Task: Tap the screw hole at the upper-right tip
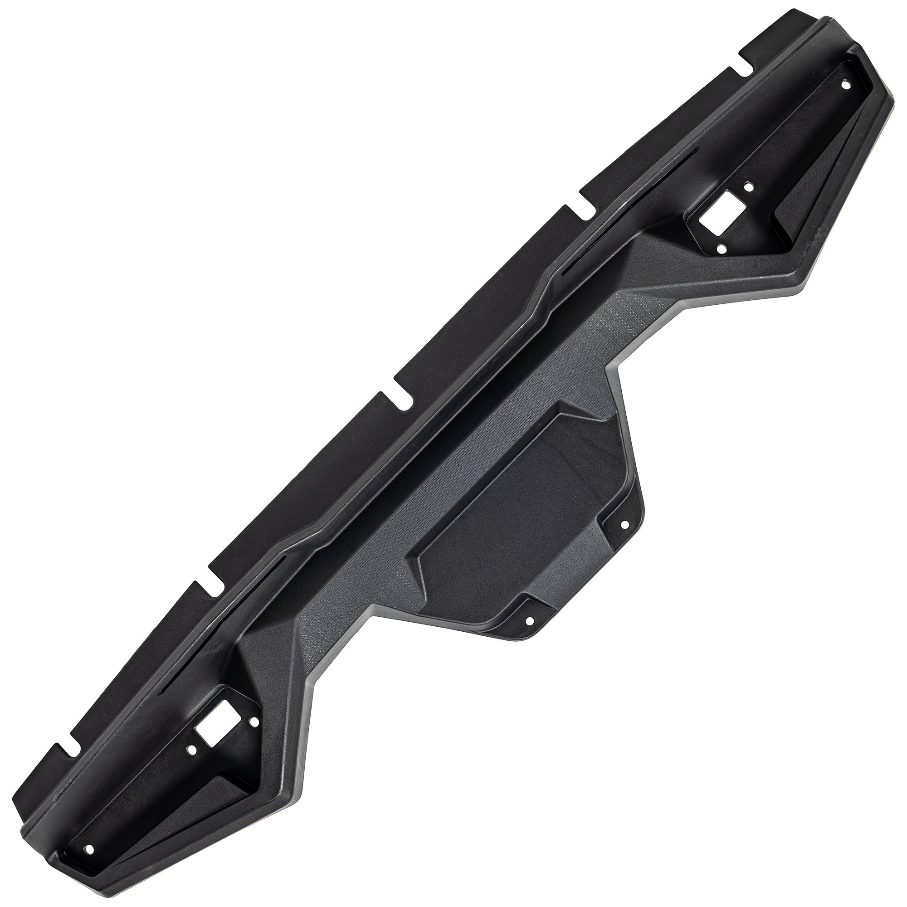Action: coord(846,85)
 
